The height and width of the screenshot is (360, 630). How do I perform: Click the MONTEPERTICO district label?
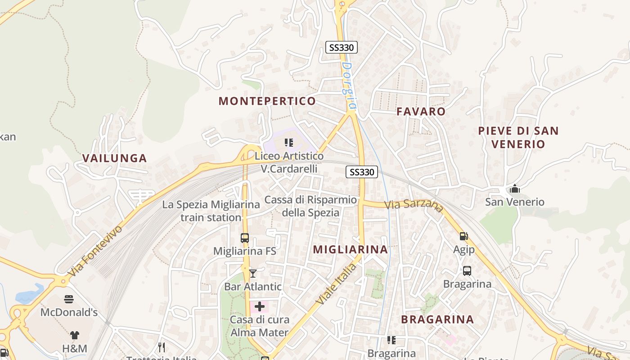click(x=267, y=101)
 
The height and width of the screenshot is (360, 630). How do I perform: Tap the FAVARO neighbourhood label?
click(x=421, y=111)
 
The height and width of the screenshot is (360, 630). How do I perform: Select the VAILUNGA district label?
click(x=114, y=158)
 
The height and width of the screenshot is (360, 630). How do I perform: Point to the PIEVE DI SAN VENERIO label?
click(x=518, y=137)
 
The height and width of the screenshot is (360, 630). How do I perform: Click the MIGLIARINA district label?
click(x=350, y=249)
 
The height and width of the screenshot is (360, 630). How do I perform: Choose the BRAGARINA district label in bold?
click(x=437, y=319)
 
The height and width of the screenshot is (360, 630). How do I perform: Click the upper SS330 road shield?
click(x=342, y=47)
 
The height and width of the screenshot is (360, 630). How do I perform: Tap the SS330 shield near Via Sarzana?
click(x=362, y=172)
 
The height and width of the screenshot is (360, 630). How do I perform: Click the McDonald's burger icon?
click(x=69, y=299)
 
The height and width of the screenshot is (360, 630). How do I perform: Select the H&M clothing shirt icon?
click(x=74, y=335)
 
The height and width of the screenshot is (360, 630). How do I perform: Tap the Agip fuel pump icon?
click(x=463, y=236)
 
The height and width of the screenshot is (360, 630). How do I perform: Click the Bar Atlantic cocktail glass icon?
click(x=253, y=273)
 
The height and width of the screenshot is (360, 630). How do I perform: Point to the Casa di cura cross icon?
click(x=259, y=307)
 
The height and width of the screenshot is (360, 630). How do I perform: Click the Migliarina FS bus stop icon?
click(x=245, y=238)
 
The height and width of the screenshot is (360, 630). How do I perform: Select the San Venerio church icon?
click(x=515, y=189)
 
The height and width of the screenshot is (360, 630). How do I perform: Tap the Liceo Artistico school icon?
click(x=289, y=143)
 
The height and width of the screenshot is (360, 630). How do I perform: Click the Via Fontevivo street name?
click(x=95, y=251)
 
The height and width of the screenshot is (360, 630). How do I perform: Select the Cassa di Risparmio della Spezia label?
click(x=310, y=206)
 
